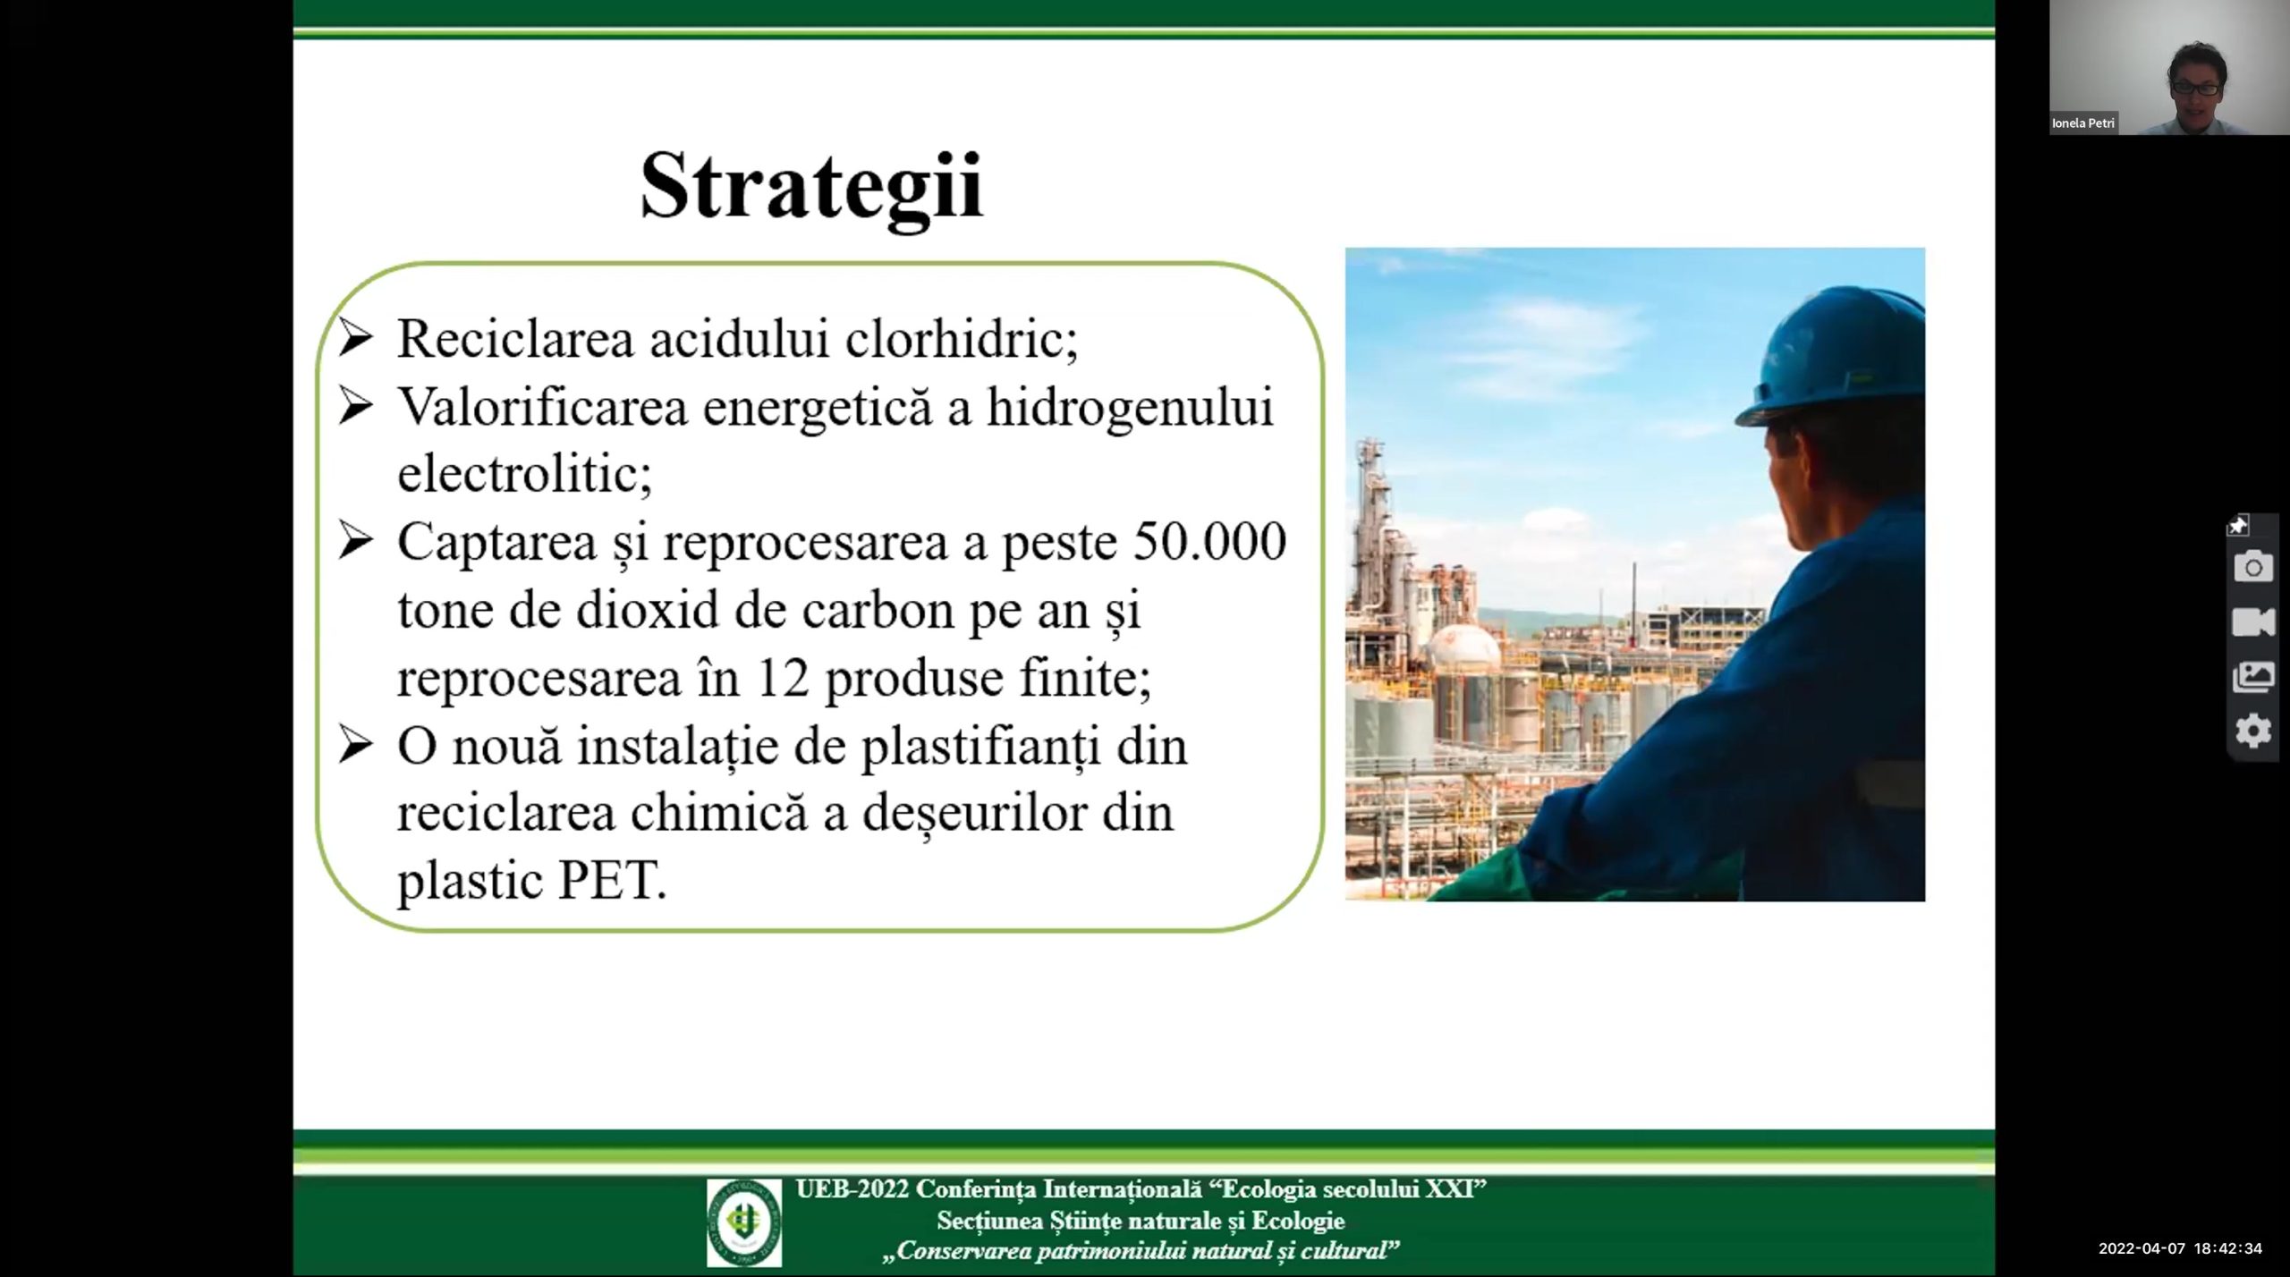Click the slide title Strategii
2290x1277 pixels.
coord(812,188)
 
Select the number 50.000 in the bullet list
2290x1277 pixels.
coord(1209,541)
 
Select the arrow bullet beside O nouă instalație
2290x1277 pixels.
coord(356,745)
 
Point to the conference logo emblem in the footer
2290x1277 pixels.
coord(743,1222)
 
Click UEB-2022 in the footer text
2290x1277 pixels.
coord(852,1189)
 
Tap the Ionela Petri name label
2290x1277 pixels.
coord(2083,123)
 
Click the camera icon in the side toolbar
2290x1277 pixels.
coord(2253,567)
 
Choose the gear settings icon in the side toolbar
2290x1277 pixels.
coord(2253,731)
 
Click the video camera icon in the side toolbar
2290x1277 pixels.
coord(2253,622)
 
